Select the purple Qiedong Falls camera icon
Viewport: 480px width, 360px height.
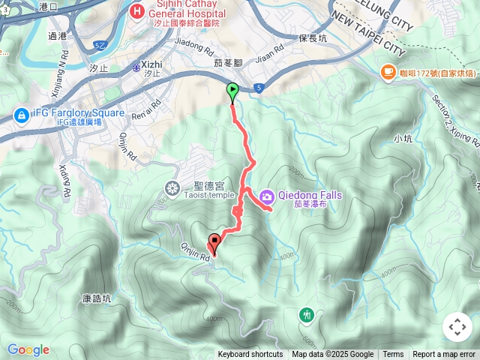(266, 197)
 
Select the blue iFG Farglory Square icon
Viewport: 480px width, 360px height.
(20, 114)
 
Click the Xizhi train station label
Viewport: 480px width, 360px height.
(151, 65)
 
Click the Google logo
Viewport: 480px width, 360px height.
(28, 349)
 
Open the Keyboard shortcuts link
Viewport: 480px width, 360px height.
(250, 355)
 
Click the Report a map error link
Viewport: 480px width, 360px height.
(444, 355)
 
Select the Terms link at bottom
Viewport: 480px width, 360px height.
(393, 355)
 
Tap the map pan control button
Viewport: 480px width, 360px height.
(457, 327)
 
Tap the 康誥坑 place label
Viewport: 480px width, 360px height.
(97, 298)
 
